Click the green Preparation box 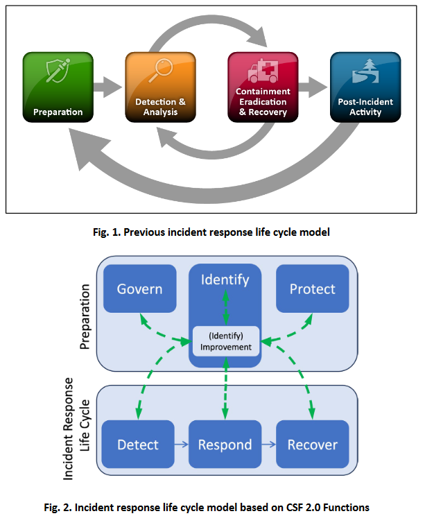coord(58,87)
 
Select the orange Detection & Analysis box coord(160,87)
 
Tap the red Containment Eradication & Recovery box coord(263,87)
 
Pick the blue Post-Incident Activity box coord(365,87)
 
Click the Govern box coord(139,288)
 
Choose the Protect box coord(312,288)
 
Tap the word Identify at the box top coord(225,279)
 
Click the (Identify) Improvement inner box coord(225,341)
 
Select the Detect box coord(137,445)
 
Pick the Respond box coord(225,445)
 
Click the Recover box coord(312,445)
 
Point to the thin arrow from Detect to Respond coord(181,445)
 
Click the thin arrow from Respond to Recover coord(268,445)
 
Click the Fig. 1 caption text coord(212,232)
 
